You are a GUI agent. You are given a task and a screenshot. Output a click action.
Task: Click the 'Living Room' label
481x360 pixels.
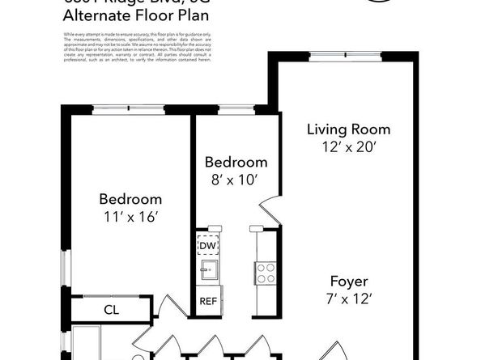[348, 129]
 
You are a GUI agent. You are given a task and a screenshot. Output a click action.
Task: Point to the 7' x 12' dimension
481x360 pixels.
[350, 299]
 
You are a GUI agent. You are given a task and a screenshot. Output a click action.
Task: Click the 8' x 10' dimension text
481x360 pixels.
[236, 179]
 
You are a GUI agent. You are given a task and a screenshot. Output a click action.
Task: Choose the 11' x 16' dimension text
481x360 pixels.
[130, 216]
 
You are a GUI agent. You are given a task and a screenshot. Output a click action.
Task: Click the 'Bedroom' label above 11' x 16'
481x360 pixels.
[130, 198]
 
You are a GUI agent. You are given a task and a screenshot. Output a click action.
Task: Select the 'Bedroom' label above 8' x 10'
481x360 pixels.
[236, 161]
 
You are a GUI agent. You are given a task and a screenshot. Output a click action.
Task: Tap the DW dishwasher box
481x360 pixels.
[207, 244]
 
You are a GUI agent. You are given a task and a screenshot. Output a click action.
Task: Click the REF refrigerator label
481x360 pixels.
[208, 301]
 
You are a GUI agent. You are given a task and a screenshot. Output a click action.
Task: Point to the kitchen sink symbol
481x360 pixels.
[208, 270]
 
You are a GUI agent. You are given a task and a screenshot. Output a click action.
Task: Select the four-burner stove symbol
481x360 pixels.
[265, 273]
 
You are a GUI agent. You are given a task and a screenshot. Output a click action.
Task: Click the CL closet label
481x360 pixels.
[112, 309]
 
